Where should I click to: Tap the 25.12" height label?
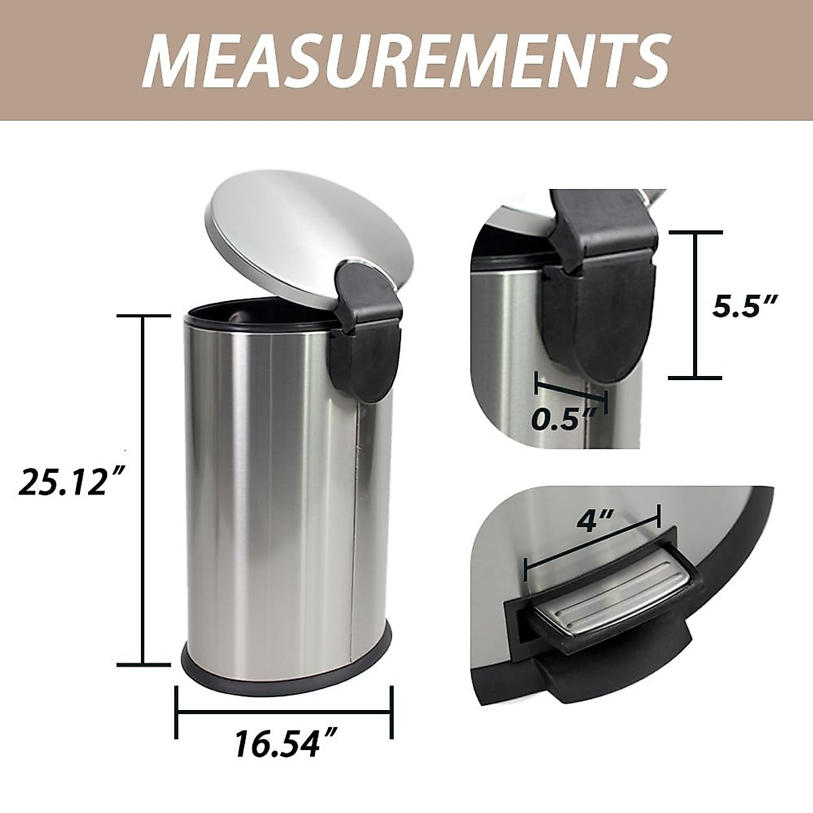point(64,482)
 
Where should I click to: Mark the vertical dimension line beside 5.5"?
point(695,305)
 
